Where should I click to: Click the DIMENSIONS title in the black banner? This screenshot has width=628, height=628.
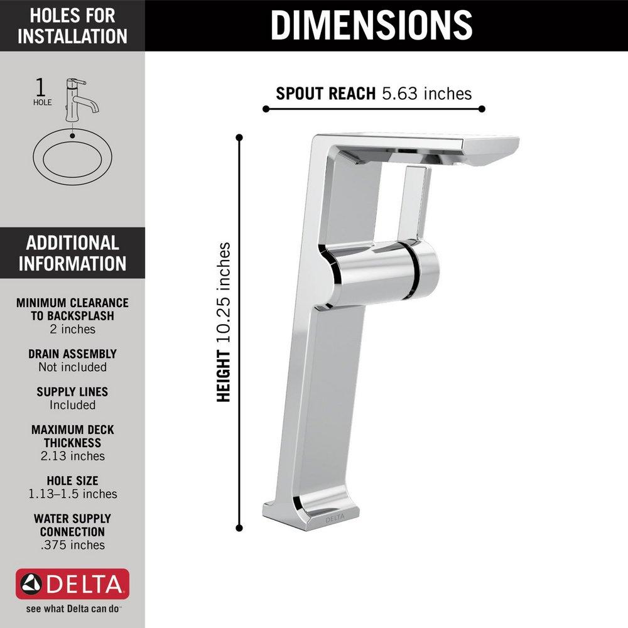click(x=372, y=24)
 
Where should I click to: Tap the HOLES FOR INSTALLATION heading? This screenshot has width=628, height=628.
click(x=72, y=25)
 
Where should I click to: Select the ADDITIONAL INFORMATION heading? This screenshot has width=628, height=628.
click(x=72, y=252)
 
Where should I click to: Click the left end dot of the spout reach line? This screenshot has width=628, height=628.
click(x=266, y=109)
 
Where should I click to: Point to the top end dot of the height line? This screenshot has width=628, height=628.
click(x=239, y=136)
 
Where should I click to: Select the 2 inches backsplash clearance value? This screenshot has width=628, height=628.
click(x=72, y=329)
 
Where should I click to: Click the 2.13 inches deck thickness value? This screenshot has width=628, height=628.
click(x=72, y=456)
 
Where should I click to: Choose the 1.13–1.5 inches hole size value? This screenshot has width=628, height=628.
click(x=72, y=494)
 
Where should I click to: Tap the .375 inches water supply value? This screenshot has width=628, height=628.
click(x=72, y=545)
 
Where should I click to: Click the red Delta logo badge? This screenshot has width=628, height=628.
click(x=72, y=585)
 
